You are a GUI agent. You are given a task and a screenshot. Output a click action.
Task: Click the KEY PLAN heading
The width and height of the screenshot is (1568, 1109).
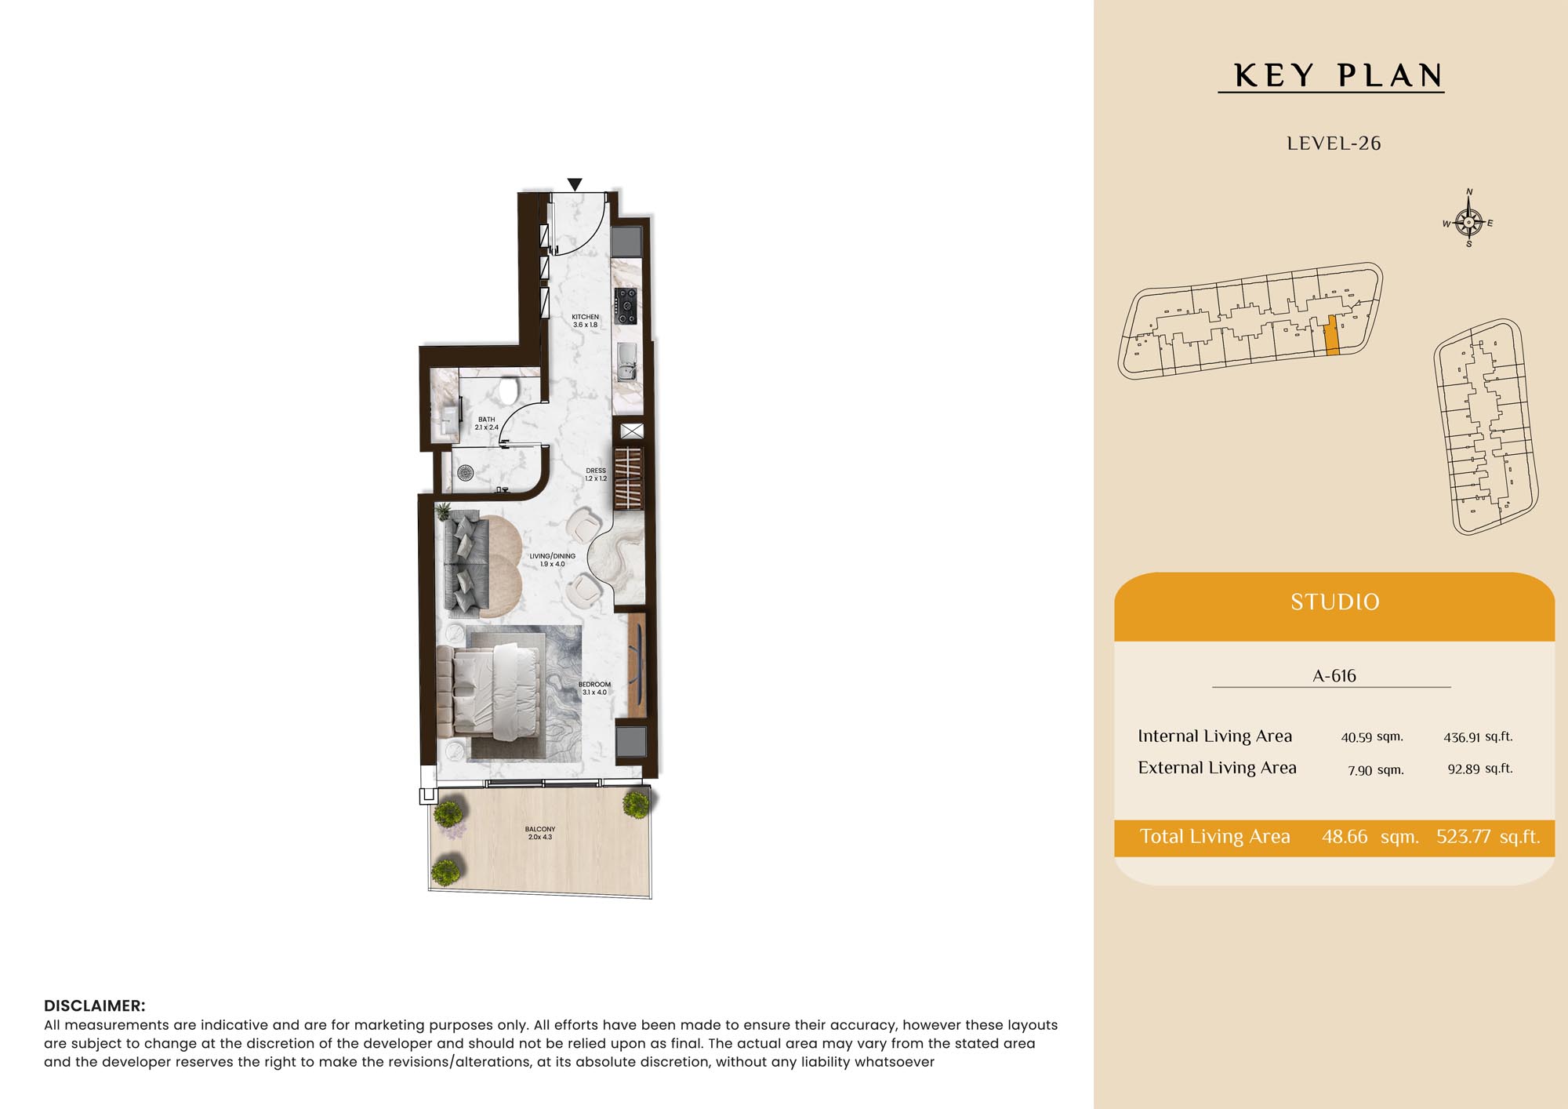point(1338,76)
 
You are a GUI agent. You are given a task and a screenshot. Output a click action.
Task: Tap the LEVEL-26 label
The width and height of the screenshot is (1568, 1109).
point(1334,144)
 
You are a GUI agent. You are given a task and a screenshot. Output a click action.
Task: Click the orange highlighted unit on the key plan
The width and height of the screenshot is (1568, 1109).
point(1331,336)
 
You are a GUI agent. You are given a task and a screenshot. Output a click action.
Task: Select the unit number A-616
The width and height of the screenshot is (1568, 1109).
point(1334,675)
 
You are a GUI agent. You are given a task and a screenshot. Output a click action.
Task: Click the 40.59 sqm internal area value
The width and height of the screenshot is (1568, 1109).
point(1372,737)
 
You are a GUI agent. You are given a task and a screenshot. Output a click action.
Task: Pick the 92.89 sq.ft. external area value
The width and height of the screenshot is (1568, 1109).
point(1480,769)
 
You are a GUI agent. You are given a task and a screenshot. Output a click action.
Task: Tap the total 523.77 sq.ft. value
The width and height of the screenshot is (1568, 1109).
point(1488,837)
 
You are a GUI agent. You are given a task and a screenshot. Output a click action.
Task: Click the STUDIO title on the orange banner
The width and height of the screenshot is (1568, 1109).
point(1335,602)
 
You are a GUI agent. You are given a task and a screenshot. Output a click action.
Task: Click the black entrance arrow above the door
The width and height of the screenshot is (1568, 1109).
point(575,184)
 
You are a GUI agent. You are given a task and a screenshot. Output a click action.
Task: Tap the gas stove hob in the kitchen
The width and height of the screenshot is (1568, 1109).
point(626,306)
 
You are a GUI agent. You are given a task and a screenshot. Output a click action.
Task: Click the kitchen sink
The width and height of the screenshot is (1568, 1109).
point(627,362)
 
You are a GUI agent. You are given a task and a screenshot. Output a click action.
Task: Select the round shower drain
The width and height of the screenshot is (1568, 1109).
point(466,472)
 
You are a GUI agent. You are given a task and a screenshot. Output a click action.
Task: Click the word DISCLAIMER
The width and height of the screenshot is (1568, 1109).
point(94,1005)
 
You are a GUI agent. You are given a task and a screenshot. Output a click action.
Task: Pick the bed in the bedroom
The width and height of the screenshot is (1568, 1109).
point(490,692)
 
